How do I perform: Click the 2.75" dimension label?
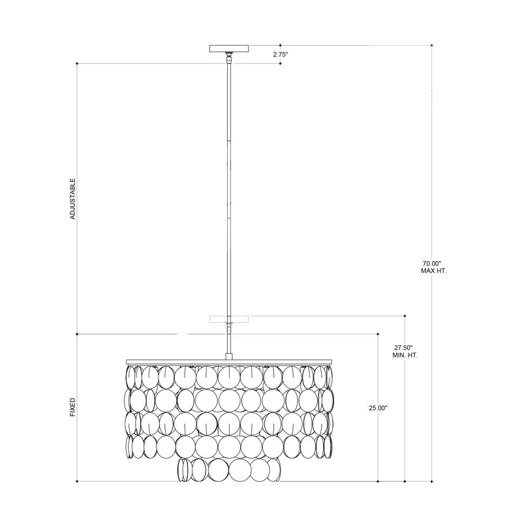tap(281, 55)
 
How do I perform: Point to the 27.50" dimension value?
tap(405, 348)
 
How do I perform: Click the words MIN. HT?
tap(405, 356)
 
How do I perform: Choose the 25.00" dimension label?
tap(378, 408)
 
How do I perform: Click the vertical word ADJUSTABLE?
tap(73, 198)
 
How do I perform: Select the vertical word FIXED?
tap(73, 407)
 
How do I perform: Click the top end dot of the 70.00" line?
tap(432, 45)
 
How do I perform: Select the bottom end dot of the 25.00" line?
tap(378, 482)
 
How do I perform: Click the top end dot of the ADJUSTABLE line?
tap(77, 63)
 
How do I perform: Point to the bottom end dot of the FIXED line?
tap(77, 482)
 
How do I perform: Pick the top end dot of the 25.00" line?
tap(378, 333)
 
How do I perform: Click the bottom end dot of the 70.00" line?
tap(432, 482)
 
